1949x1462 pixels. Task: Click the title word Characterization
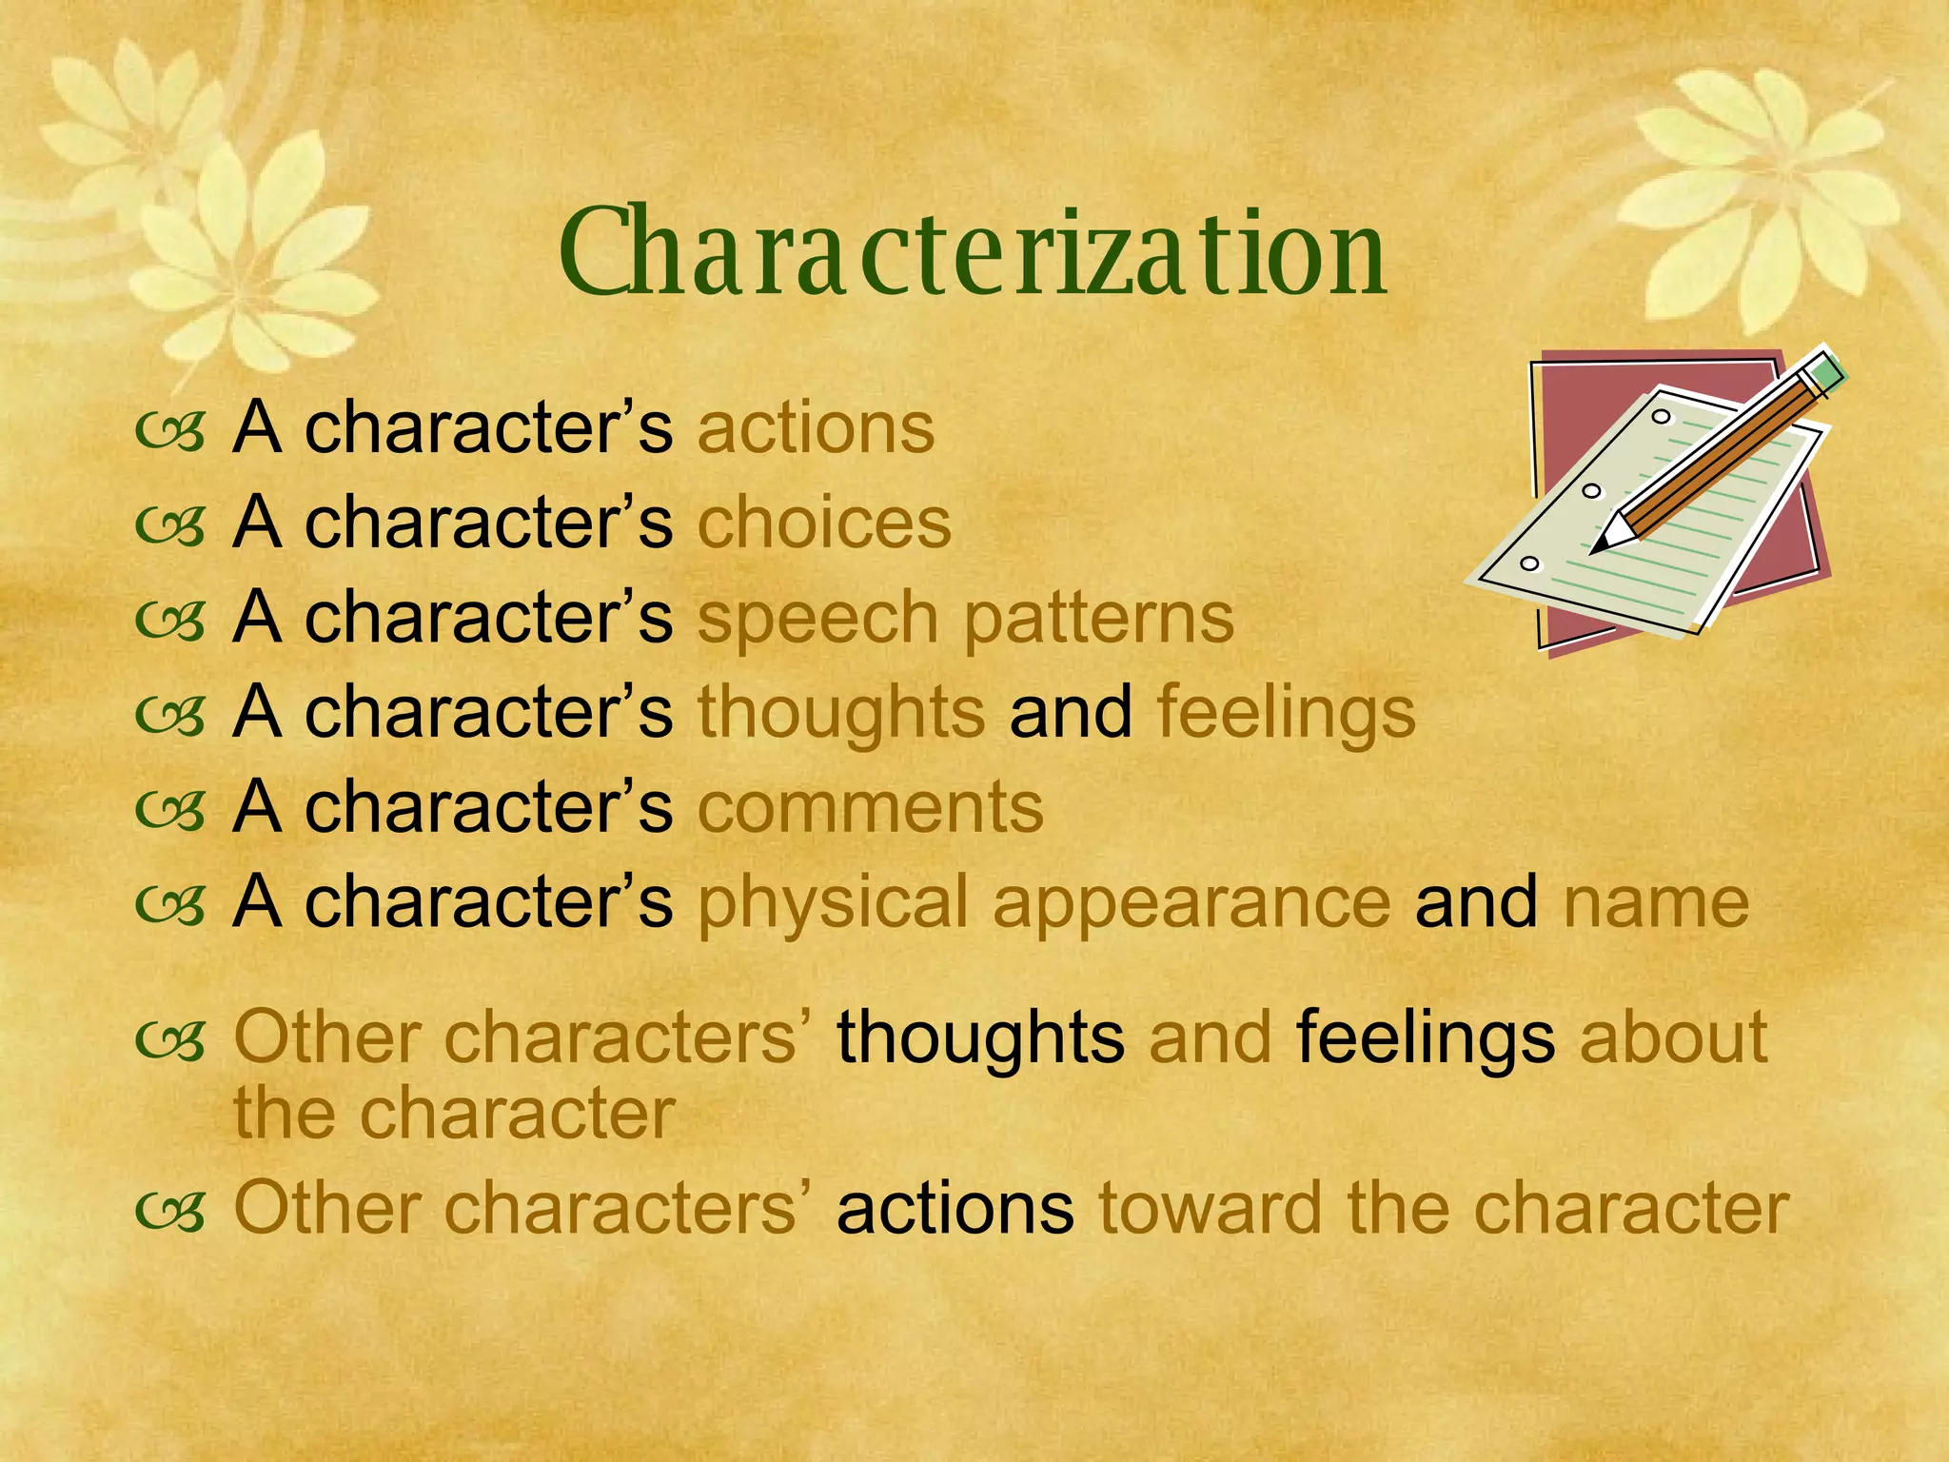click(973, 253)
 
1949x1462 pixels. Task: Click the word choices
click(824, 523)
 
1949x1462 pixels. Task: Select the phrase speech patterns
click(965, 619)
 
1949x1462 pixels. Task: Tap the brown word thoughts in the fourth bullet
click(841, 712)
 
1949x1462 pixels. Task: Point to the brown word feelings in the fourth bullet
click(1286, 712)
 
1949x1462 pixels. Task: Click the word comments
click(870, 807)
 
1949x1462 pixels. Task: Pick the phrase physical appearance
click(1044, 902)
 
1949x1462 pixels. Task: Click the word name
click(1656, 902)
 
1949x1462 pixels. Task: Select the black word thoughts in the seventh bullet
click(980, 1037)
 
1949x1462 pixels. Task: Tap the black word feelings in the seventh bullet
click(1426, 1037)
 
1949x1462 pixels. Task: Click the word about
click(1674, 1037)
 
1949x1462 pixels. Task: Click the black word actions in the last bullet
click(955, 1208)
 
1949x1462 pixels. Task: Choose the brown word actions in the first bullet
click(816, 428)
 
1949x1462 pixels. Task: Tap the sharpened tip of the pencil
click(1601, 546)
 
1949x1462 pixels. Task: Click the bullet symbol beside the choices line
click(170, 526)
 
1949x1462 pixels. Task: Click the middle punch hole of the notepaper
click(1592, 491)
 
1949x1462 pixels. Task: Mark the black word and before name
click(1475, 902)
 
